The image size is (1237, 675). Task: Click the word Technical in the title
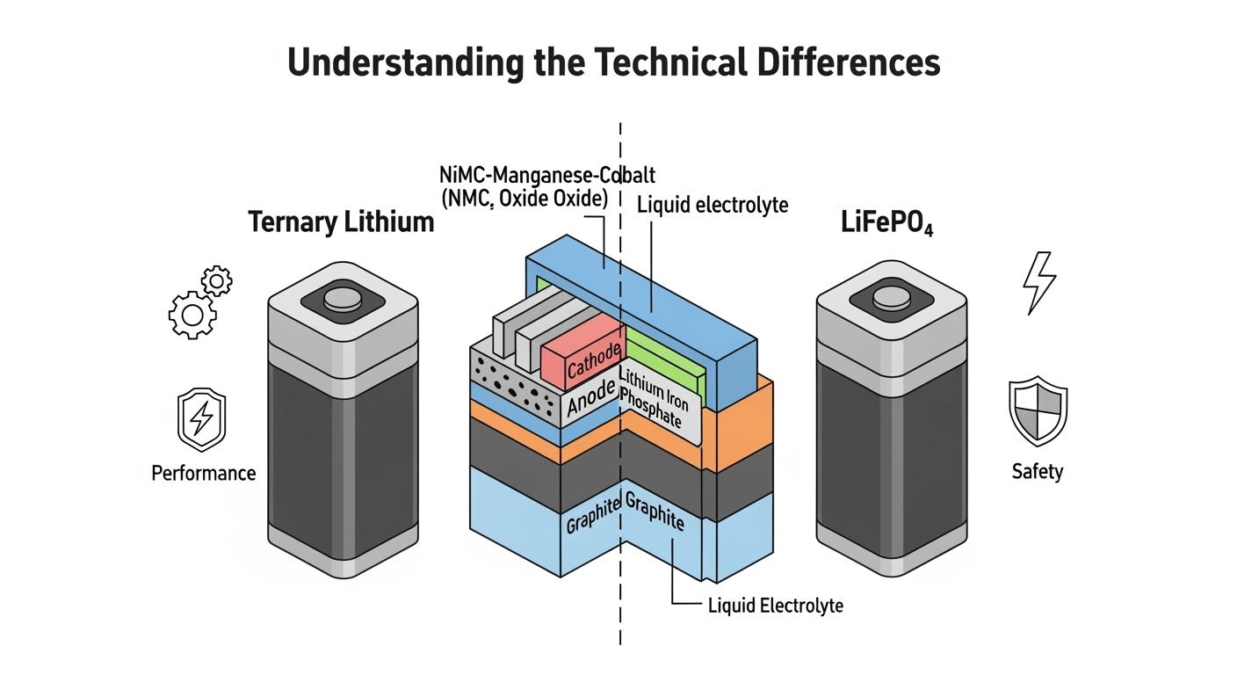(669, 62)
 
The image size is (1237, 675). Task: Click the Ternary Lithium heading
(341, 221)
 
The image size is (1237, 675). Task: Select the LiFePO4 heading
(886, 223)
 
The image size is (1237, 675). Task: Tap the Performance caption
(203, 473)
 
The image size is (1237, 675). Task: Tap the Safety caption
(1037, 471)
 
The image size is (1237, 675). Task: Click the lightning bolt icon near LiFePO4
(1039, 282)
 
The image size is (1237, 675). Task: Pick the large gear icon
(192, 315)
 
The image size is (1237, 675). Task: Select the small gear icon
(217, 281)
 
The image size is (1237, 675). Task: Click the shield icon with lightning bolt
(201, 419)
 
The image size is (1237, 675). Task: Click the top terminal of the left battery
(343, 301)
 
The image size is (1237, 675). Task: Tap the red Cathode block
(582, 356)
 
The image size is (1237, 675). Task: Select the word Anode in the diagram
(590, 401)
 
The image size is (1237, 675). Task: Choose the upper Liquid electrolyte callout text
(713, 205)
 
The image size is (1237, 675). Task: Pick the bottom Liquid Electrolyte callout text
(775, 606)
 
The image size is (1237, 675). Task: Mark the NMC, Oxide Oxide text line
(524, 199)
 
